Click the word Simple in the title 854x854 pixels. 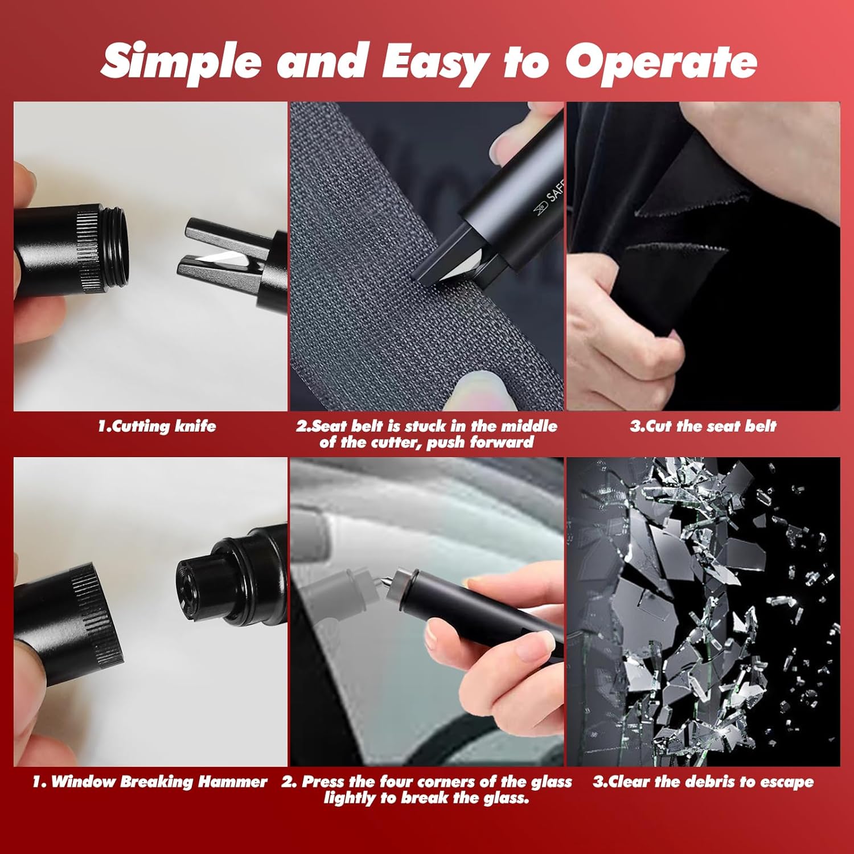181,62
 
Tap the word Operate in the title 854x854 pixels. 661,61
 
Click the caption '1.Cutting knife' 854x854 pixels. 157,426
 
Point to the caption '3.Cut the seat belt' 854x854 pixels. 703,426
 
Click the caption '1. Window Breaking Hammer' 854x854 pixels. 150,782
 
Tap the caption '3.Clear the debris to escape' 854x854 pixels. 703,782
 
